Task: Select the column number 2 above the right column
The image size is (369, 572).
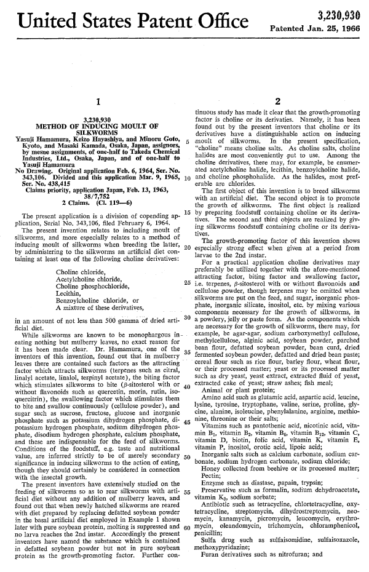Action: point(278,101)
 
